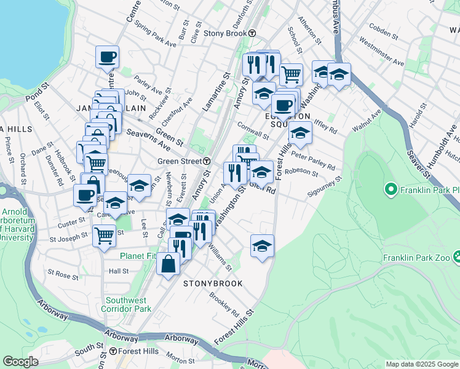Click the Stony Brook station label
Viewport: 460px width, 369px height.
point(224,33)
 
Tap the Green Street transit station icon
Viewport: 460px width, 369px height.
point(207,161)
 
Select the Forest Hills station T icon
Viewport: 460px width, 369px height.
point(113,352)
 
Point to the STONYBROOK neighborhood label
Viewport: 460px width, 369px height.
point(213,284)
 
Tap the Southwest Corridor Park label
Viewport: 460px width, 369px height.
point(128,304)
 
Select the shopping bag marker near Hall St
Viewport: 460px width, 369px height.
point(168,264)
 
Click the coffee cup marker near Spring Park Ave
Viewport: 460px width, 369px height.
point(107,57)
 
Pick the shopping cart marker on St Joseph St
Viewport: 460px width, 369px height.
point(105,234)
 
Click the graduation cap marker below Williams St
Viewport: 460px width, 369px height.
point(262,245)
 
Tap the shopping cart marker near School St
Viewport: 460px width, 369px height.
point(291,74)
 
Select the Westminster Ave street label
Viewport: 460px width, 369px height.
point(381,54)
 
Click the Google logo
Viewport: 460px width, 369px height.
point(21,362)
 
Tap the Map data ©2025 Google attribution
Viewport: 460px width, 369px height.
point(421,364)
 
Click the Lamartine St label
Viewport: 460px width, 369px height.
point(215,92)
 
